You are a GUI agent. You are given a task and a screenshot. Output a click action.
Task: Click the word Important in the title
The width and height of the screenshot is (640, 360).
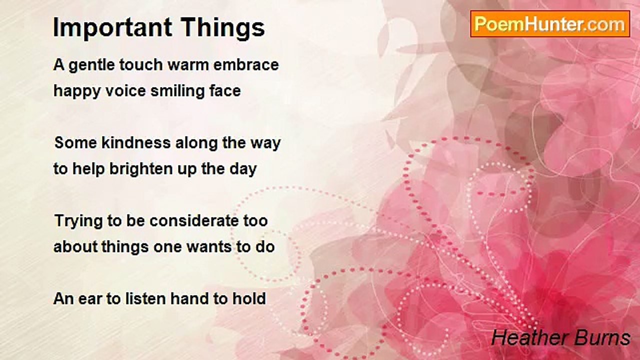point(112,28)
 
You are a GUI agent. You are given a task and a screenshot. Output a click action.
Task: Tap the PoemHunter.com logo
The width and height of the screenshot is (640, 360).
point(550,24)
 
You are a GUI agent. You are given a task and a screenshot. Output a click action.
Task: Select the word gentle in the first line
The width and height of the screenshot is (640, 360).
point(91,65)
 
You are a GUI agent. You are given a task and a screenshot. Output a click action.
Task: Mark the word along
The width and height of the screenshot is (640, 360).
point(196,143)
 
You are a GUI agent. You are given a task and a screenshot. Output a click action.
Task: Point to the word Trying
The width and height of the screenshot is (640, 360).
point(78,221)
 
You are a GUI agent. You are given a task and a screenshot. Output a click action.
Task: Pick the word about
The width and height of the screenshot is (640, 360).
point(75,247)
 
